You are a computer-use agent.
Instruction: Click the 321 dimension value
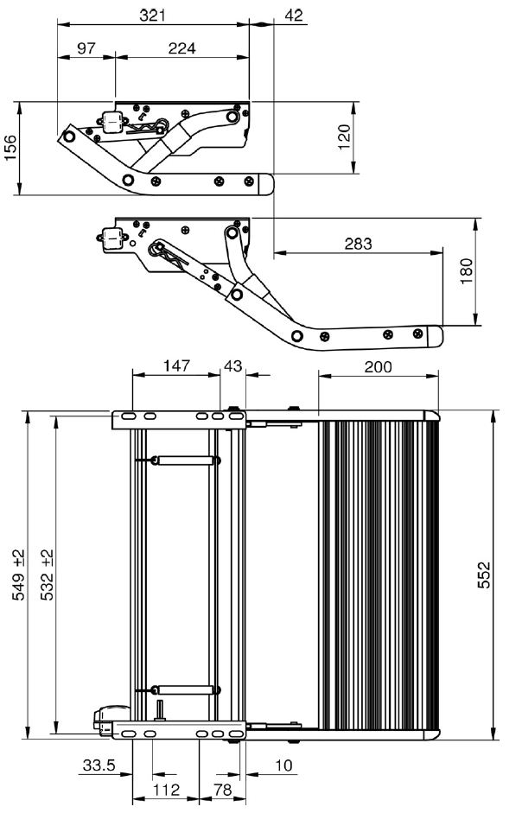point(153,16)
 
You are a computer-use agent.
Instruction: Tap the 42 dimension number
point(294,16)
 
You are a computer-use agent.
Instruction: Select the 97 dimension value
point(86,48)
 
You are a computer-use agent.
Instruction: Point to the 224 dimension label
point(182,48)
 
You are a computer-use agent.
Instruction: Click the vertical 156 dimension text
point(11,148)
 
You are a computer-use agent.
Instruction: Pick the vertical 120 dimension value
point(345,137)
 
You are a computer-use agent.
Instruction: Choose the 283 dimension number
point(358,243)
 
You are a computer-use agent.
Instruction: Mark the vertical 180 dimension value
point(467,270)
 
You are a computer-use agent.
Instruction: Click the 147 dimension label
point(176,365)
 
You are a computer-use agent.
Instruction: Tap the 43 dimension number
point(232,365)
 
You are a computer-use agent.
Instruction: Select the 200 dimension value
point(379,366)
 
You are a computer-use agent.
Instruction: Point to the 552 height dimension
point(483,575)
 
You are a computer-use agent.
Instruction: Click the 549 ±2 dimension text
point(18,575)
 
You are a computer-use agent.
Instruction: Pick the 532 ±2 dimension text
point(47,575)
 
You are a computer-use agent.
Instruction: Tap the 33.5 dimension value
point(99,765)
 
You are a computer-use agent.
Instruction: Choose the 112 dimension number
point(166,790)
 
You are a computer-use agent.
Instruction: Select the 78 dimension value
point(223,790)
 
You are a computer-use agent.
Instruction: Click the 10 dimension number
point(283,765)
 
